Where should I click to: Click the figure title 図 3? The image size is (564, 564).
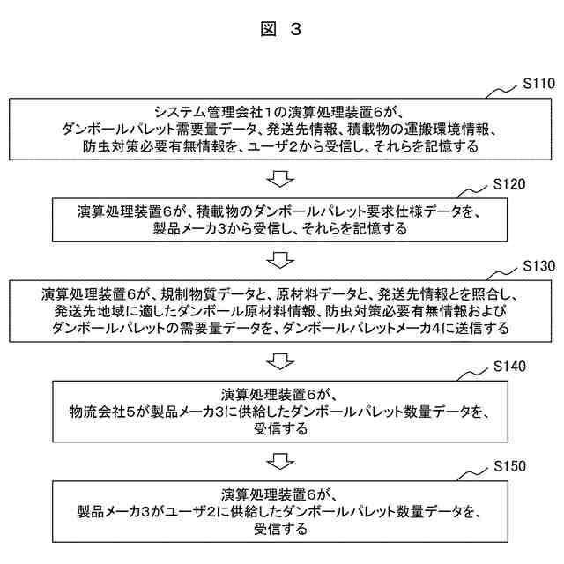click(x=281, y=29)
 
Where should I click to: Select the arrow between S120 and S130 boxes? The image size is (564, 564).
click(x=280, y=261)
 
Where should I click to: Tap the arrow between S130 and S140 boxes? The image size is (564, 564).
click(x=280, y=361)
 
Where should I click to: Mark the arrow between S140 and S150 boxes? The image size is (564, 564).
click(x=280, y=461)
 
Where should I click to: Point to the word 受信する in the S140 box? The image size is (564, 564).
click(x=280, y=430)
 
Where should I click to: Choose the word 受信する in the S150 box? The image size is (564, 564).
click(x=280, y=530)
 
